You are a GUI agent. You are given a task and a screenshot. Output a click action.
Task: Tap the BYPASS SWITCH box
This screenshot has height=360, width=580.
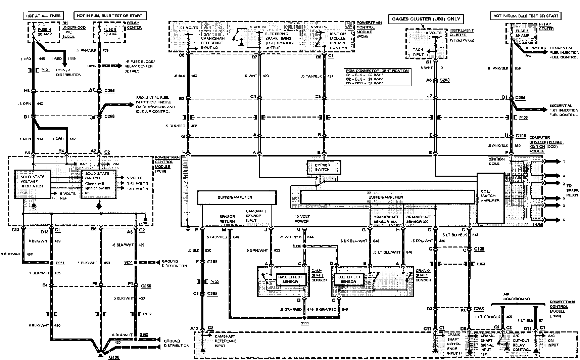(x=323, y=167)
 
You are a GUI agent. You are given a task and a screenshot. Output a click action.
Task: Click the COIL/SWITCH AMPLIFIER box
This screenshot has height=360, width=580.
(x=490, y=198)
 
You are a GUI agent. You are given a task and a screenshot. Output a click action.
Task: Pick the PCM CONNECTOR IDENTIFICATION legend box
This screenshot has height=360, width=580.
(x=378, y=77)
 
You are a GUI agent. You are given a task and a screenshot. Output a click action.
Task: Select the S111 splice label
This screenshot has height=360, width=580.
(x=304, y=323)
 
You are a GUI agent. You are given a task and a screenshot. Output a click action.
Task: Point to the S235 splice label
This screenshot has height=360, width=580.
(x=91, y=66)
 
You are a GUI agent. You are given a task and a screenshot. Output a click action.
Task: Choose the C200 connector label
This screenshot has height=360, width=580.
(x=444, y=81)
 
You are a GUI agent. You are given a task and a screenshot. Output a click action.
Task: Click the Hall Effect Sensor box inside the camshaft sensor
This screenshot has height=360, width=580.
(x=291, y=279)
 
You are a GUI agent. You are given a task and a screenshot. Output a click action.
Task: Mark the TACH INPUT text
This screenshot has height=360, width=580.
(x=418, y=52)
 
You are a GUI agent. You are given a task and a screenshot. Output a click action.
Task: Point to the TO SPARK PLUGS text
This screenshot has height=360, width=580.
(x=572, y=190)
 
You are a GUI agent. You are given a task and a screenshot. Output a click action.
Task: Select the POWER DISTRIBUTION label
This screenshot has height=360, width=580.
(x=68, y=72)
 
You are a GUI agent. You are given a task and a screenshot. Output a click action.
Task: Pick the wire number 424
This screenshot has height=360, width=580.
(x=330, y=76)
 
